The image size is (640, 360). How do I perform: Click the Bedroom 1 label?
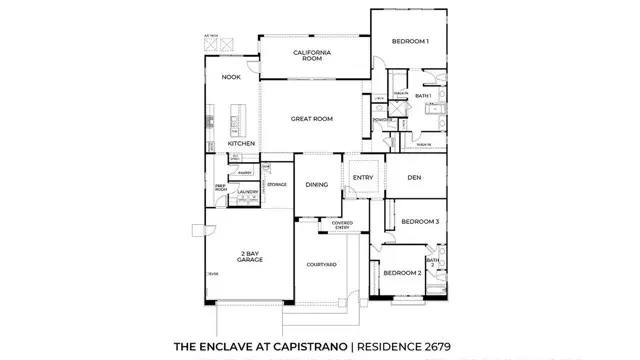click(x=410, y=41)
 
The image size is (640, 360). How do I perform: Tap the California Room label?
click(x=312, y=54)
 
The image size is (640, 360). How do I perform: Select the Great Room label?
click(x=312, y=118)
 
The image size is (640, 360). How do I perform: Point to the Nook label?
click(x=233, y=77)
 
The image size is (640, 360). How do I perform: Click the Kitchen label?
click(x=241, y=144)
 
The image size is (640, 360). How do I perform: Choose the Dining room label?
click(x=317, y=185)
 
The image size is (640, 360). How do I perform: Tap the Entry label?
click(x=362, y=178)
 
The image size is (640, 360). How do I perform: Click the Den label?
click(x=413, y=180)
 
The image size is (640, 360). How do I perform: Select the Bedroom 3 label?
click(x=420, y=221)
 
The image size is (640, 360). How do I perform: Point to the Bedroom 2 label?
click(x=405, y=272)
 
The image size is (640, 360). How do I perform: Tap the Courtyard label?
click(x=321, y=264)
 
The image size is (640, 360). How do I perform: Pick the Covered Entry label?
click(x=342, y=224)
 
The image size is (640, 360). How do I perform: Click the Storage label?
click(x=277, y=185)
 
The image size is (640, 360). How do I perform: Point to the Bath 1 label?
click(x=423, y=96)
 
